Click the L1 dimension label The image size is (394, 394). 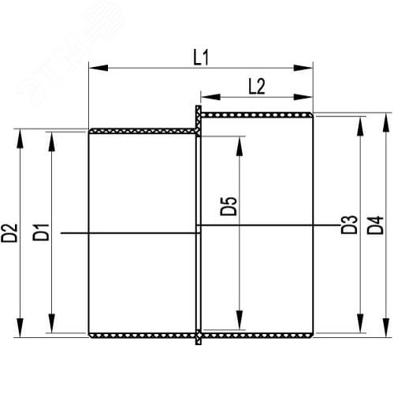[x=201, y=58]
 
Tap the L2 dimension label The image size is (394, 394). [x=257, y=87]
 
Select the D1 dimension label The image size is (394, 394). [x=41, y=232]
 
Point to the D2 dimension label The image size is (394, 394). [x=9, y=232]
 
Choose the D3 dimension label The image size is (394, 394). [x=349, y=225]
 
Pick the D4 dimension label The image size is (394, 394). [x=375, y=225]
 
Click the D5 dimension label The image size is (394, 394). [x=229, y=206]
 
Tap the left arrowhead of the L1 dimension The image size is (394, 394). [x=98, y=68]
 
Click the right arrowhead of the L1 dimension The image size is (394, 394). [x=303, y=68]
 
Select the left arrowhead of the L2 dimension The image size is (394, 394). [x=210, y=97]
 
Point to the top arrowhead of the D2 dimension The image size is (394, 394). [x=20, y=139]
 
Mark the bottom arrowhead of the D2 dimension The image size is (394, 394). [x=20, y=328]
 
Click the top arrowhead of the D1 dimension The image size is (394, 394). [x=52, y=141]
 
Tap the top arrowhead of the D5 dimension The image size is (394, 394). [x=240, y=146]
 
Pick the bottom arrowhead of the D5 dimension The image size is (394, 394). [x=240, y=320]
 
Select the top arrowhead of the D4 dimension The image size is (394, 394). [x=385, y=122]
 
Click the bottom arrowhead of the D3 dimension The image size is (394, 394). [x=361, y=323]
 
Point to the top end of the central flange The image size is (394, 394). [x=199, y=106]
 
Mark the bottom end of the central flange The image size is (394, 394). [x=199, y=344]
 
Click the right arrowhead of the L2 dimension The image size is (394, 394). [x=303, y=97]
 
